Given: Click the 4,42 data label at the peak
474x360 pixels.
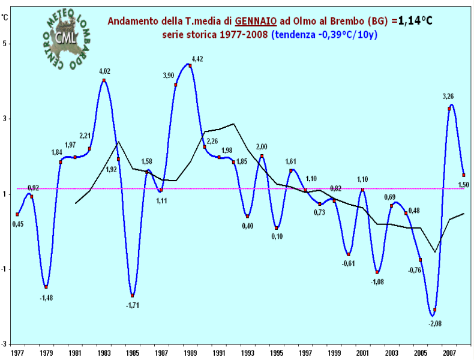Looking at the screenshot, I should (198, 59).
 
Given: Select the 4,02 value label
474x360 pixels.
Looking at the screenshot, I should (105, 71).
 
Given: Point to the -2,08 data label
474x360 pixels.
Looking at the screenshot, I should (435, 323).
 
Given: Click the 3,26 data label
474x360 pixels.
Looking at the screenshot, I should (448, 96).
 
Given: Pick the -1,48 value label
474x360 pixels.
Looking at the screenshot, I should (46, 297).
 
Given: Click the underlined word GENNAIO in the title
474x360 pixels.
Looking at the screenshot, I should (255, 21).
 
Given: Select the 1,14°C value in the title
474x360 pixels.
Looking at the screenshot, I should (411, 21).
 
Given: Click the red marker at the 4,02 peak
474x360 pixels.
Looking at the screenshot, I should (104, 80).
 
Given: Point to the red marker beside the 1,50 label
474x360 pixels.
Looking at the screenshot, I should (464, 175).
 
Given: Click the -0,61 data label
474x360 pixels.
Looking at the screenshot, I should (349, 263).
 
